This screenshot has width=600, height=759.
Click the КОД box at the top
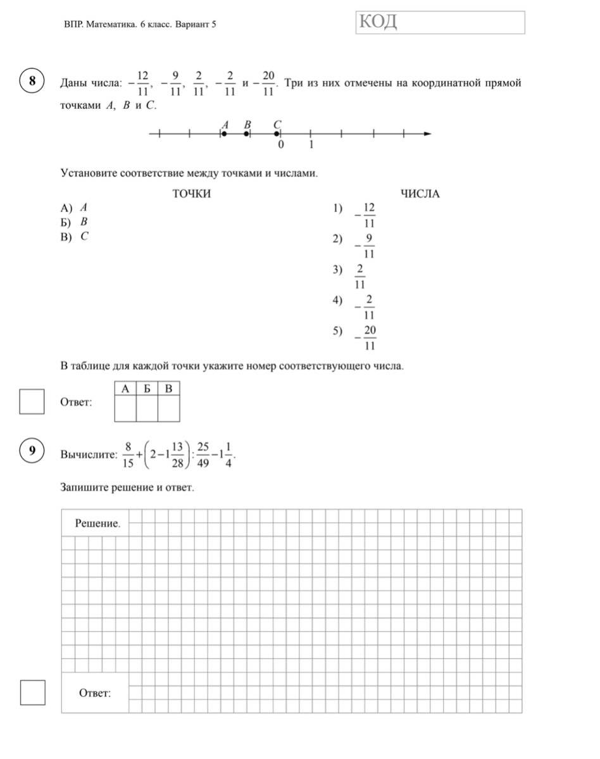441,22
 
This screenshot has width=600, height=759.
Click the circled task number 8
31,83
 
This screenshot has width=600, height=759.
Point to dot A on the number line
224,134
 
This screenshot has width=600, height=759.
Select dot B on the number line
246,134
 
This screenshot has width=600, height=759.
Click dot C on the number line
277,134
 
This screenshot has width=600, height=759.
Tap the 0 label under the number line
281,145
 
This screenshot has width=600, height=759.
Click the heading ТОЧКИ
192,194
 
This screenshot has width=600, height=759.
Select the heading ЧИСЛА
420,194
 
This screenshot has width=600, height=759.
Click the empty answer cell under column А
125,408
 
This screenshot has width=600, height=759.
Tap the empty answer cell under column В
168,408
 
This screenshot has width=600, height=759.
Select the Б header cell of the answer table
147,388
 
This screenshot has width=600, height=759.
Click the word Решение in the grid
97,523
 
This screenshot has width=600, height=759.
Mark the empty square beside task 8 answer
32,402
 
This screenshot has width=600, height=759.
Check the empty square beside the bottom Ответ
32,692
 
